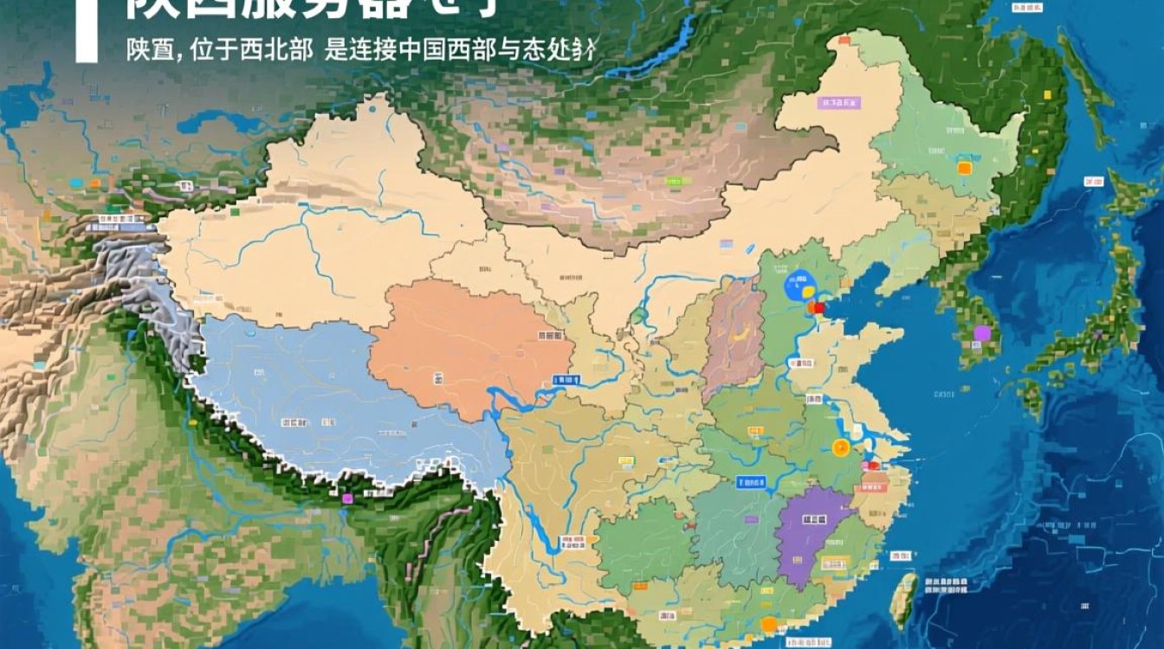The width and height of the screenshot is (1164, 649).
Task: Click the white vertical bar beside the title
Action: click(87, 31)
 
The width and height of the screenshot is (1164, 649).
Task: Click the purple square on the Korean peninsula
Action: click(981, 333)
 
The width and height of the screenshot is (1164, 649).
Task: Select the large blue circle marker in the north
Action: click(798, 286)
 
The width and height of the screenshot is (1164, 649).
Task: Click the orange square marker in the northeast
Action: click(964, 167)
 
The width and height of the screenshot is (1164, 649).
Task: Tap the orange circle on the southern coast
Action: click(768, 624)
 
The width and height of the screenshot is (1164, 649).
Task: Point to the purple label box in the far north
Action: click(838, 102)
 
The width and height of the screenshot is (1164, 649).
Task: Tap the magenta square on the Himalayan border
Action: click(348, 498)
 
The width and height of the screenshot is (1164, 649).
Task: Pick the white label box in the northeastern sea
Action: click(1094, 181)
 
